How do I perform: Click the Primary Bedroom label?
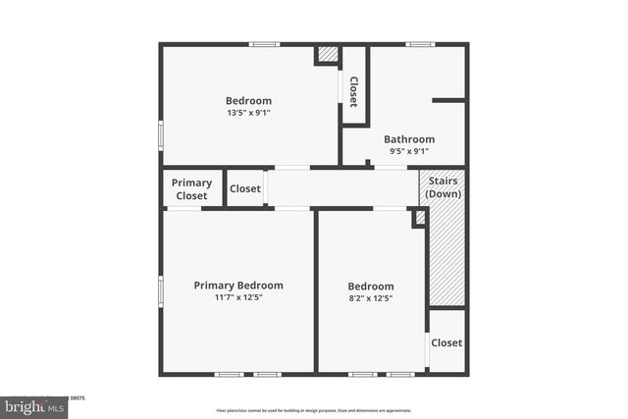click(x=238, y=286)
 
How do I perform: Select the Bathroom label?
click(x=409, y=139)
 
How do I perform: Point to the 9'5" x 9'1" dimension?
click(x=409, y=151)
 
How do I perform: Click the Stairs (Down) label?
click(x=444, y=187)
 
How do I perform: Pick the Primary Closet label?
click(x=191, y=189)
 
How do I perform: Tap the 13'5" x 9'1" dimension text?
click(x=248, y=112)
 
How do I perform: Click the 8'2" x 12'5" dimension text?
click(x=371, y=298)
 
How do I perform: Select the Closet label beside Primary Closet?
click(x=245, y=189)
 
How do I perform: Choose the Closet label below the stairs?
click(x=446, y=342)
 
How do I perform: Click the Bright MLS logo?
click(x=34, y=405)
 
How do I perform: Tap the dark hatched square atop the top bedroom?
click(x=329, y=55)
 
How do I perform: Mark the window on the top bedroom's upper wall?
click(x=263, y=44)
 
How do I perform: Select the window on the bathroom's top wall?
click(x=421, y=44)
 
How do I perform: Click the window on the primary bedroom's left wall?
click(x=162, y=291)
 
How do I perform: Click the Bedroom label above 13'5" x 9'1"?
click(x=248, y=100)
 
